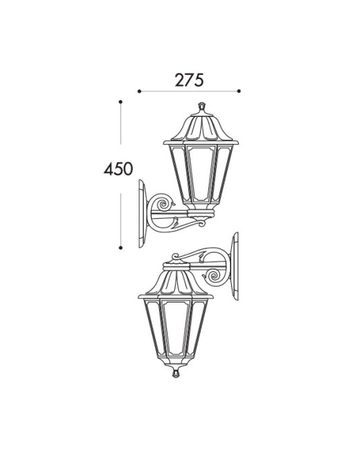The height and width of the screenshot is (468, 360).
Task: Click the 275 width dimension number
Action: pos(189,80)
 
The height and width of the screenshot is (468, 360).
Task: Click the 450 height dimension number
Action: pos(118,169)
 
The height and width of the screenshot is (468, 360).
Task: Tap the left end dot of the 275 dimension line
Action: pos(139,91)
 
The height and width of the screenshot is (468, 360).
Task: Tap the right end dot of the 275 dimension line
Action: pos(239,91)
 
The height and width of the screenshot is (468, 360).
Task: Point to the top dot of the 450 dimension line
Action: pos(120,102)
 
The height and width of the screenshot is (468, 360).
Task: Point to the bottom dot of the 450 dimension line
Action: pos(120,248)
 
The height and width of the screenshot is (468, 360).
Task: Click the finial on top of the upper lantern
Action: pos(202,107)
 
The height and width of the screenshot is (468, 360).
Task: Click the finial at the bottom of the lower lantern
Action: pos(176,373)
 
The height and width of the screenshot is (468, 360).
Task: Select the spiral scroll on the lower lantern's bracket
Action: pos(214,276)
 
